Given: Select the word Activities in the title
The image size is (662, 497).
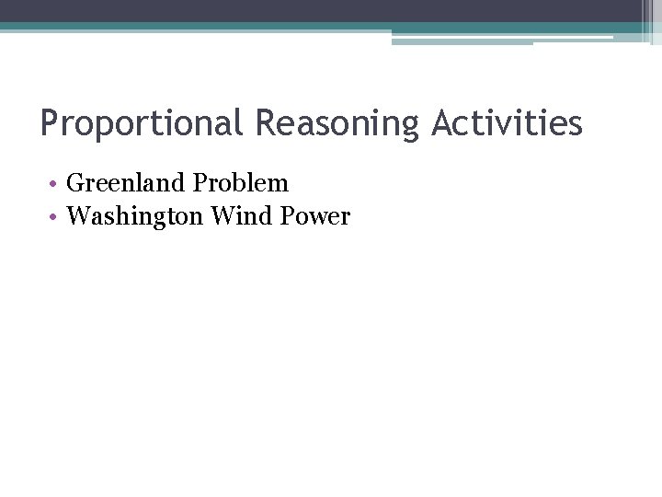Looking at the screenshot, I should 508,122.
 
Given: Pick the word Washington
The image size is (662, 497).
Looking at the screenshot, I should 135,216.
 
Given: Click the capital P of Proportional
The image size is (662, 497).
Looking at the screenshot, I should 50,122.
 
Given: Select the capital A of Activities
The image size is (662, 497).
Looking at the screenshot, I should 442,122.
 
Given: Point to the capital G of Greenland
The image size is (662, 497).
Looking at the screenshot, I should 75,183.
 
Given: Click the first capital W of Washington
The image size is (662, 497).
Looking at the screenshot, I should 79,216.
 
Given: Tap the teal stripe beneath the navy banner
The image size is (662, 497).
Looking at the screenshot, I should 184,27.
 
